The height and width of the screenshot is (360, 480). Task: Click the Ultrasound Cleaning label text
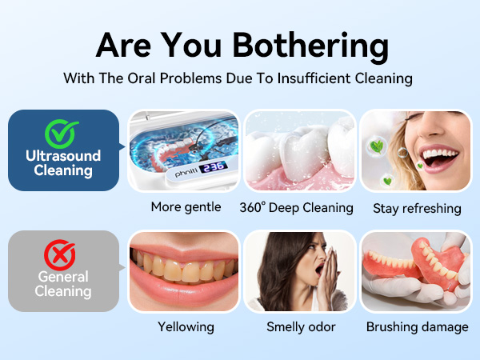63,162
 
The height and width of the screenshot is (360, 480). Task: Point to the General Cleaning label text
63,284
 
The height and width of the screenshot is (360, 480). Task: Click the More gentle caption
186,207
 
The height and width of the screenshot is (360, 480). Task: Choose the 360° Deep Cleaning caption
296,207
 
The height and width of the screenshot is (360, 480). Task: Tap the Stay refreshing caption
417,208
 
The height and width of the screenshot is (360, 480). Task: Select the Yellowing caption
186,326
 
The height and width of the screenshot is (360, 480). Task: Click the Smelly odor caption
300,326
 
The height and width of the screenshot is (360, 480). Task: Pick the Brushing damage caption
417,326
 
